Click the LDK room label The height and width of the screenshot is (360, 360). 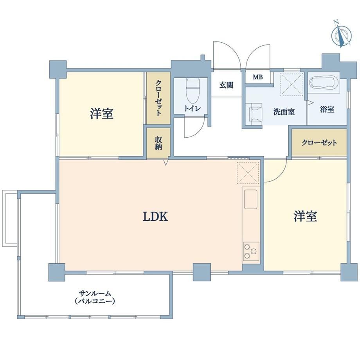point(155,216)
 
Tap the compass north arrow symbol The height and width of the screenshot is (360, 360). point(341,34)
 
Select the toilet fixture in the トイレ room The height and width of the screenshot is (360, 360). point(193,91)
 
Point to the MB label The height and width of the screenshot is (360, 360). point(257,77)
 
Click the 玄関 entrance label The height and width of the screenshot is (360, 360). point(226,85)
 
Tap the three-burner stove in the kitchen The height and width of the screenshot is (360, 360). point(251,251)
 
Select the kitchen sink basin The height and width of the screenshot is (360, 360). point(250,199)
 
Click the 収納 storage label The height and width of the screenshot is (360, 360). point(158,143)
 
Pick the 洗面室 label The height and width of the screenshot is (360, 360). point(284,112)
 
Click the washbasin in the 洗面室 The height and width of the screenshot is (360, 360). point(255,114)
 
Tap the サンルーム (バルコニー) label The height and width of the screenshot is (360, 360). point(95,297)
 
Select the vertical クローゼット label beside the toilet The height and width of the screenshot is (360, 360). point(158,98)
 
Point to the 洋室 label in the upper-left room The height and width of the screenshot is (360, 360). point(101,113)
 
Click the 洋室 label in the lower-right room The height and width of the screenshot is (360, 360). point(305,216)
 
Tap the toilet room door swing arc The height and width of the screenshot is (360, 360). point(200,132)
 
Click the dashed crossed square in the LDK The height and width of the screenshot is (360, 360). point(248,173)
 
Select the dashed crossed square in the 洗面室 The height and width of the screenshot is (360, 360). point(292,84)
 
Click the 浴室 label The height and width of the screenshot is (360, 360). point(327,109)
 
